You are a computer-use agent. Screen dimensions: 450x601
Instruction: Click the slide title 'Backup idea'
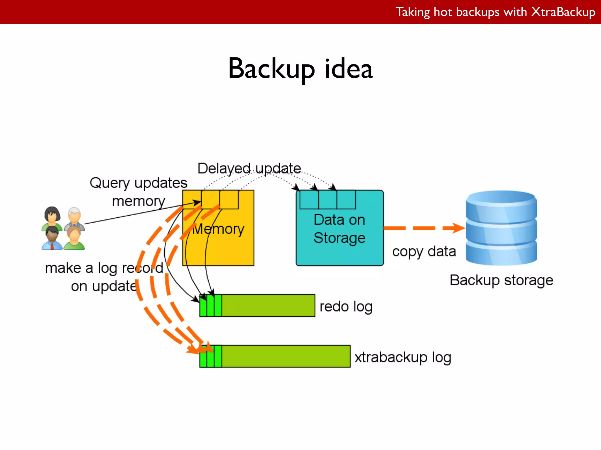click(300, 69)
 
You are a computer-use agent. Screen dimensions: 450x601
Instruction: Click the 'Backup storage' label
click(501, 280)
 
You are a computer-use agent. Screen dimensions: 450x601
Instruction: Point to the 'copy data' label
click(424, 252)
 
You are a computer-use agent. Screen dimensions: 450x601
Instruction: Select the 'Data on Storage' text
click(340, 229)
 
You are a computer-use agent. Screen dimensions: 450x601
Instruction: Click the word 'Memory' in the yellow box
click(219, 229)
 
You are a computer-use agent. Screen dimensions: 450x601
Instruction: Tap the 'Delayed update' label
click(249, 168)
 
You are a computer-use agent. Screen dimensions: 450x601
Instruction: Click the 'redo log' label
click(346, 307)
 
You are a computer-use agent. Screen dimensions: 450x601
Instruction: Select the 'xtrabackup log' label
click(403, 357)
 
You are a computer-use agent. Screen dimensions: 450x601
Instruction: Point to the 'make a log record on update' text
click(104, 277)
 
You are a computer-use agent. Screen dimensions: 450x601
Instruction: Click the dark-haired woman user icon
click(52, 217)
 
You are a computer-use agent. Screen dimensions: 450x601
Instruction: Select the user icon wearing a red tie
click(52, 238)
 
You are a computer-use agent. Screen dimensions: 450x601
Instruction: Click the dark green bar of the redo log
click(268, 306)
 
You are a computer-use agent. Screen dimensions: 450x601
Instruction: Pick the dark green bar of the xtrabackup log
click(286, 356)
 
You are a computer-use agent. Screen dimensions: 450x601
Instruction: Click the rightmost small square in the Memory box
click(229, 200)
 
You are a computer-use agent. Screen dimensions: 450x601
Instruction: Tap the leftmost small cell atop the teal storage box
click(309, 200)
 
